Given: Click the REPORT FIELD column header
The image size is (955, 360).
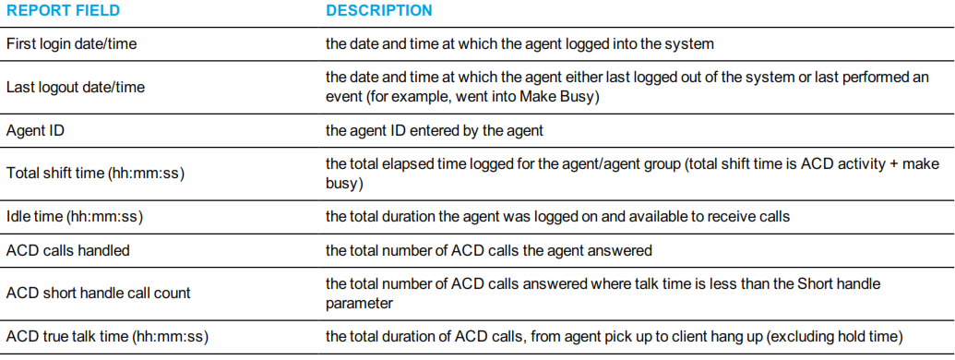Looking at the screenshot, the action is coord(63,11).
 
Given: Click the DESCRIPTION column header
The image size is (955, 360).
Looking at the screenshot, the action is coord(379,11).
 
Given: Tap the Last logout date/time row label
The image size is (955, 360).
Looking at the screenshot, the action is coord(76,88).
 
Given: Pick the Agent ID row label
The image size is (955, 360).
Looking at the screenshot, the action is coord(35,131).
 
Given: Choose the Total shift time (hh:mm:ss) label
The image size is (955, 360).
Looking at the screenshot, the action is coord(95,174).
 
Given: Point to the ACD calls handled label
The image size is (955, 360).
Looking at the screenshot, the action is coord(67,250).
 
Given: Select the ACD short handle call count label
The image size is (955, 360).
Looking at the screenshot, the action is coord(98,294).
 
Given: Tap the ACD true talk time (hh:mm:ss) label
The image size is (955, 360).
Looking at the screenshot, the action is coord(107,337).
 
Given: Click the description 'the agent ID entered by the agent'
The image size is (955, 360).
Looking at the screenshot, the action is coord(435,131).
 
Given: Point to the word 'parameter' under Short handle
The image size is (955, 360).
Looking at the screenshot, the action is coord(359,304).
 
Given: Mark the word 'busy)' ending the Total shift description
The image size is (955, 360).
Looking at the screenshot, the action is coord(344,184).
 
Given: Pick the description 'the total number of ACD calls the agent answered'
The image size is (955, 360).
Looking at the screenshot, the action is coord(489,250).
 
